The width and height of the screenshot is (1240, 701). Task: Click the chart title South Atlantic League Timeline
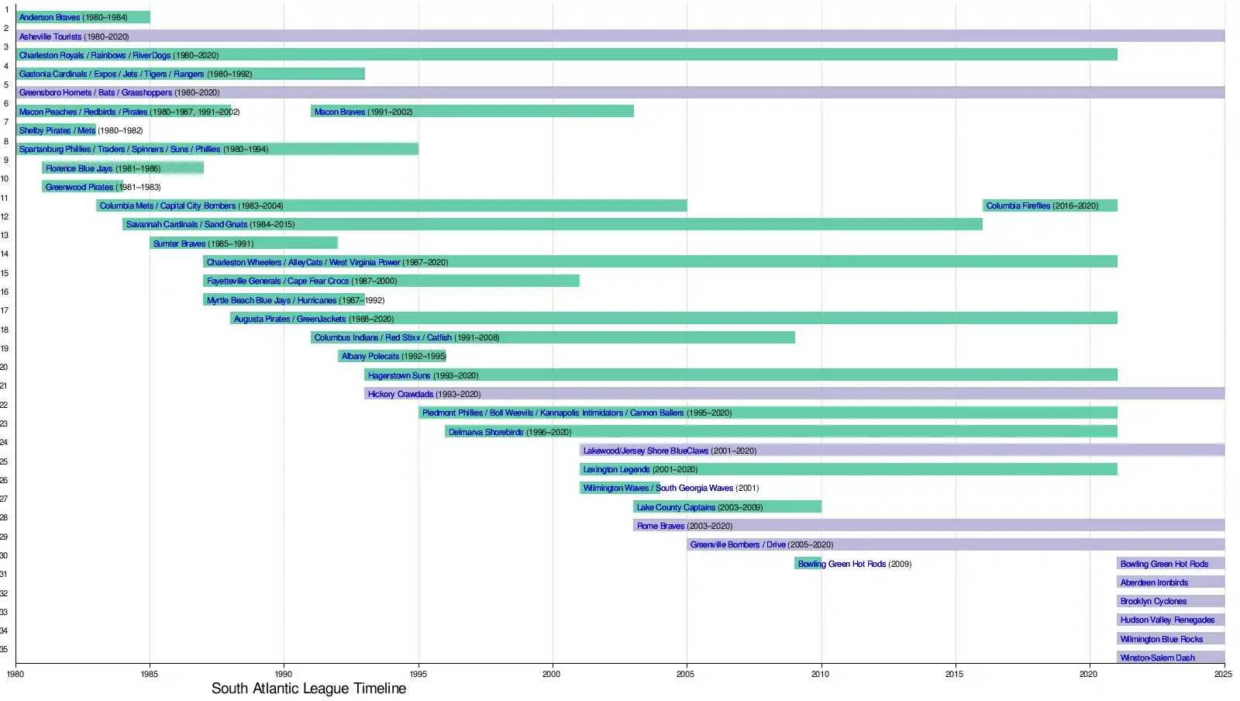(308, 689)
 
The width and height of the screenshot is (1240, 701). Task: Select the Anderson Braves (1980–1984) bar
(83, 17)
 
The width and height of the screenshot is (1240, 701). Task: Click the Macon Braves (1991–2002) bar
(472, 112)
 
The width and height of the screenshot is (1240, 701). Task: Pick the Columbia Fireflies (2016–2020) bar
(1049, 205)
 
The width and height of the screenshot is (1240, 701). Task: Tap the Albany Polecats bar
(391, 356)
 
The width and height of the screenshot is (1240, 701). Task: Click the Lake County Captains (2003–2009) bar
(727, 507)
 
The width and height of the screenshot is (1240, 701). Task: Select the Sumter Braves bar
(243, 243)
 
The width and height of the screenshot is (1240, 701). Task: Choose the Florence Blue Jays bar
(122, 168)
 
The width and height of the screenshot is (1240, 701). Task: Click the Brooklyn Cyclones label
(1153, 602)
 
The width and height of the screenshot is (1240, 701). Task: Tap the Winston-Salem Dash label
(1157, 658)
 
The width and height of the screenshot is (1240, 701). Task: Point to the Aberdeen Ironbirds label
(1154, 583)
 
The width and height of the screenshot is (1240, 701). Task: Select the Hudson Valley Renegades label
(1167, 620)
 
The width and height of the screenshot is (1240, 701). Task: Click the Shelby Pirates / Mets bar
(56, 130)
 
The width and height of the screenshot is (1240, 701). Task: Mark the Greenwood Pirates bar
(82, 187)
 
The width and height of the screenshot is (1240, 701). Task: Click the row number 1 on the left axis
(7, 10)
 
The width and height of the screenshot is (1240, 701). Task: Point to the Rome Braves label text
(660, 527)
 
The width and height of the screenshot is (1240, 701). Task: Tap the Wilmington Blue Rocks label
(1161, 640)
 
